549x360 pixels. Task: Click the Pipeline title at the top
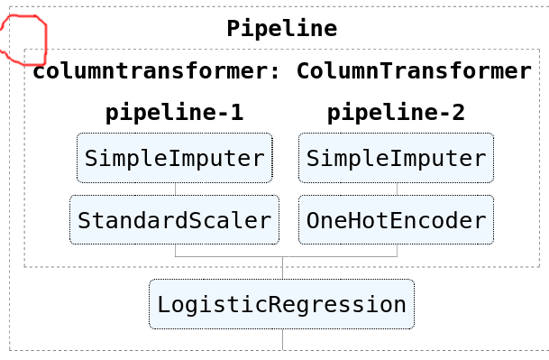point(281,28)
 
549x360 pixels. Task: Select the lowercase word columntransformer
point(149,71)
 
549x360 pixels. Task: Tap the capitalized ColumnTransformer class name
point(414,71)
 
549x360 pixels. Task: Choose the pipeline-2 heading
point(396,113)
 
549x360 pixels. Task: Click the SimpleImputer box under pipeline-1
point(174,159)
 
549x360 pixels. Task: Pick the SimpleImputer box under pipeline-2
point(396,159)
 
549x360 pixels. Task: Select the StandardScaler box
point(174,220)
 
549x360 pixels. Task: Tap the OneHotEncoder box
point(396,220)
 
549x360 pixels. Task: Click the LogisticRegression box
point(281,304)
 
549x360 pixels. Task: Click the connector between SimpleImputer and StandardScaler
point(175,189)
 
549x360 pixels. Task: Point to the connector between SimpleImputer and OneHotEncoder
point(397,189)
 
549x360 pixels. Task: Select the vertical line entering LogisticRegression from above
point(282,269)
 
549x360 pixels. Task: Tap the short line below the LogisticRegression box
point(282,339)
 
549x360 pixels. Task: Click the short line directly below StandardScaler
point(175,251)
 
